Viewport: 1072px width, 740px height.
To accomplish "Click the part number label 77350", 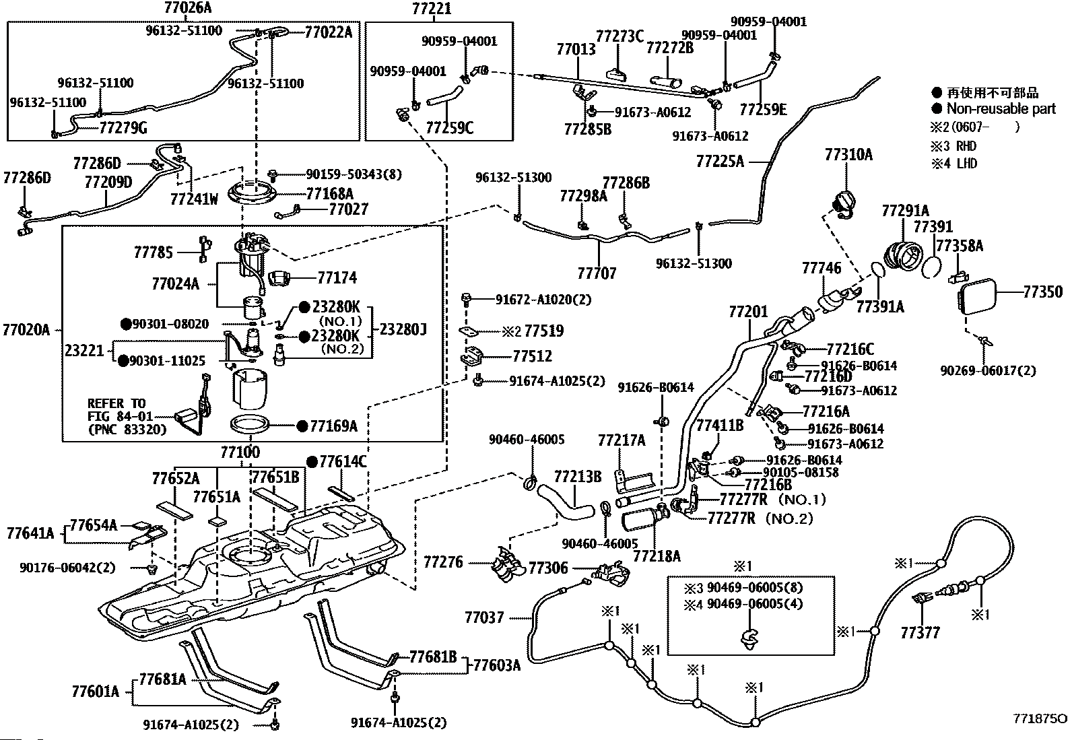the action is (x=1043, y=292).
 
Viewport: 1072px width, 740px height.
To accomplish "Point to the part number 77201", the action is (x=748, y=312).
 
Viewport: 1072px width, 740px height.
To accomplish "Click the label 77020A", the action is (x=26, y=330).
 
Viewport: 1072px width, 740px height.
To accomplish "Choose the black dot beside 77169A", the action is (x=302, y=426).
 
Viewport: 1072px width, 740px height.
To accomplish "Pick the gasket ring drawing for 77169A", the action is (x=250, y=424).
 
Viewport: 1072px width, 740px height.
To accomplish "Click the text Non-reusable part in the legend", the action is (x=1001, y=109).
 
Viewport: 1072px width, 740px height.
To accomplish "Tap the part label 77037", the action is (x=484, y=617).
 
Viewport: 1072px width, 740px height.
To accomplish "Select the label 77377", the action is (x=920, y=633).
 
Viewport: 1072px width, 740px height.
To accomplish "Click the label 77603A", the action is (x=497, y=665).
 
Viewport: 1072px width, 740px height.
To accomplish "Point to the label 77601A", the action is (x=95, y=692).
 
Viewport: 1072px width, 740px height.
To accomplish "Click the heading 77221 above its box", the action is (x=431, y=9).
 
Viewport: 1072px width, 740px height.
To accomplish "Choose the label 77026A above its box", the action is (x=188, y=7).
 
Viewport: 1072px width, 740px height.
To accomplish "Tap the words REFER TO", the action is (x=116, y=403).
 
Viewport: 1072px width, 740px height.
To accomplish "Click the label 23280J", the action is (x=403, y=329).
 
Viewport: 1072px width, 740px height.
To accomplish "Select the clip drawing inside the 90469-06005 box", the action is (x=749, y=638).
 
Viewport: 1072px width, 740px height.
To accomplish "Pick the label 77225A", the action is (x=720, y=162).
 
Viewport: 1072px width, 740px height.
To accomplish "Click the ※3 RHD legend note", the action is (x=953, y=146).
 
